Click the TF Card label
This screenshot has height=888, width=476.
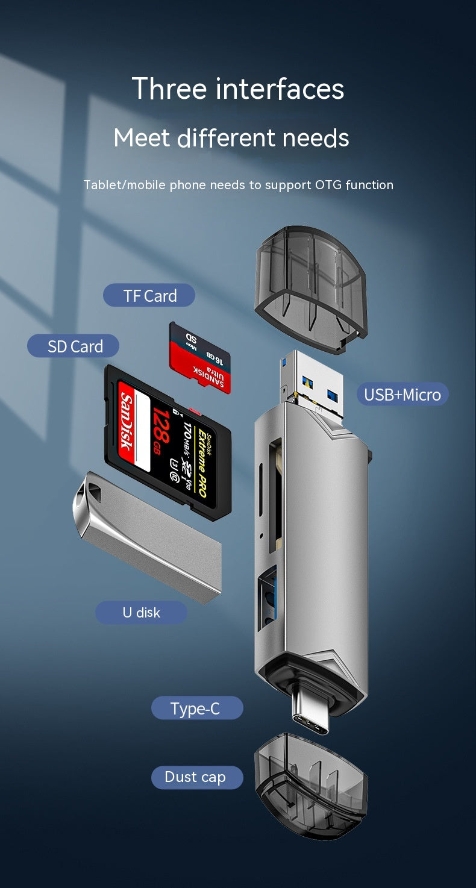coord(149,296)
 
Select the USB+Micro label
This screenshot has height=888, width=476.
coord(402,395)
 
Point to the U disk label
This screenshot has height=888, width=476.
coord(141,612)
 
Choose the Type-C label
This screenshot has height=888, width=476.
coord(195,708)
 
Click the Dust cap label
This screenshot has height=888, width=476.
coord(195,777)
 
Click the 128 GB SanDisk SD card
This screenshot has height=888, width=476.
coord(168,441)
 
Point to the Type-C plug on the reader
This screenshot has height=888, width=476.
coord(312,714)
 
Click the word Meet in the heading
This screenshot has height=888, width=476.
coord(142,138)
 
